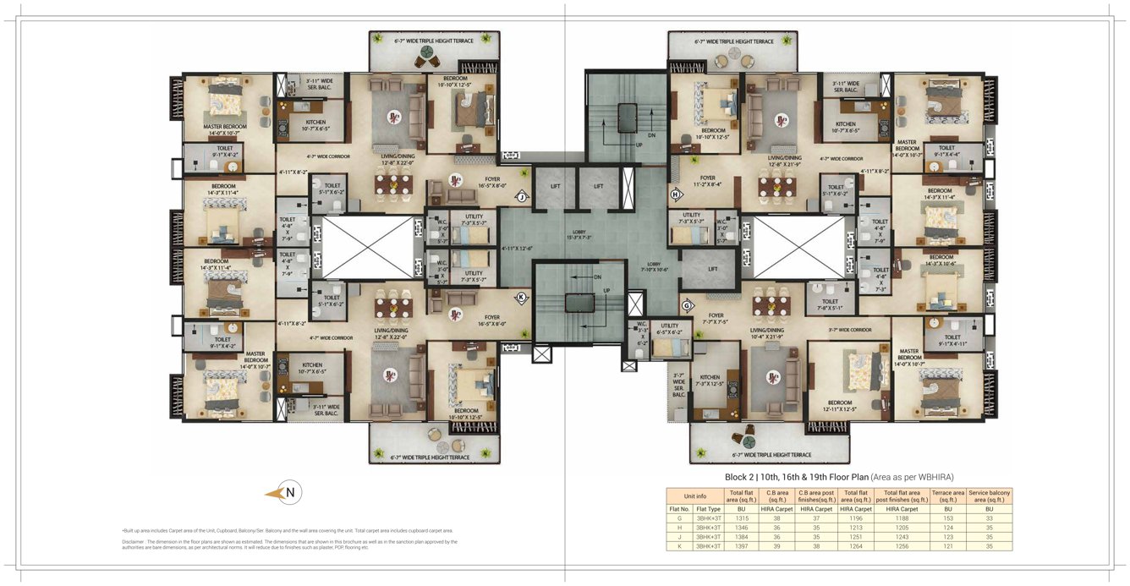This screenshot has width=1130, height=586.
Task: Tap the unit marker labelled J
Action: [x=522, y=197]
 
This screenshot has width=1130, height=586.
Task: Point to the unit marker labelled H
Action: [x=676, y=195]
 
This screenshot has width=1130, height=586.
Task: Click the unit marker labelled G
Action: [x=687, y=305]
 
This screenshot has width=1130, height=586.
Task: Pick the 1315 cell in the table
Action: [x=741, y=519]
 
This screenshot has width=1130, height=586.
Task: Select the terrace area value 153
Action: [x=947, y=519]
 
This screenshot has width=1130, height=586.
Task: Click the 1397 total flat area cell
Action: [x=741, y=546]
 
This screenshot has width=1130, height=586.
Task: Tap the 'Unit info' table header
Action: [x=694, y=496]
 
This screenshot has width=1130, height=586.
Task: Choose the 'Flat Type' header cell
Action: [x=708, y=509]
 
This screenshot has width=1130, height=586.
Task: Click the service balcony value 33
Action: [x=989, y=519]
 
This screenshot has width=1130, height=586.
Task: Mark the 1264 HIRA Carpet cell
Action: [x=856, y=546]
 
